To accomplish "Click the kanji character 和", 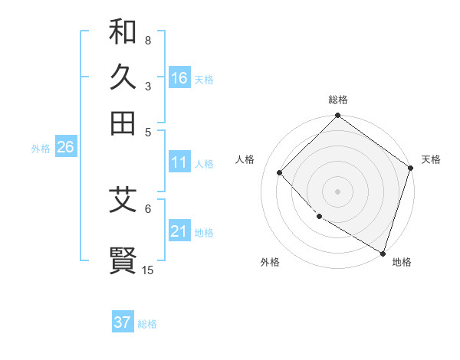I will [x=123, y=32].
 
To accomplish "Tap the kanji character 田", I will [x=123, y=123].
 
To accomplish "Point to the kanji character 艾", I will [x=123, y=201].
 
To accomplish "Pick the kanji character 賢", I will [x=123, y=260].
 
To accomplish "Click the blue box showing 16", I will [x=179, y=78].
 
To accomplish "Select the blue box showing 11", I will [x=179, y=162].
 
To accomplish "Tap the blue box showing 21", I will [x=179, y=232].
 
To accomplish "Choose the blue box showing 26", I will [x=65, y=148].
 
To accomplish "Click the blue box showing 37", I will [x=123, y=322].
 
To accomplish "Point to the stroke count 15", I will [x=148, y=270].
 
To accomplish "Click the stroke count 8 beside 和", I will [x=147, y=40].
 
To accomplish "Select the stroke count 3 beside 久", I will [x=147, y=87].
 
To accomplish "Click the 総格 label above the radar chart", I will [x=337, y=100].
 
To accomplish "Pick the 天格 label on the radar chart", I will [x=431, y=159].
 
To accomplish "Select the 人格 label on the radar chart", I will [x=245, y=159].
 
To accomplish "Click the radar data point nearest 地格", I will [x=382, y=252].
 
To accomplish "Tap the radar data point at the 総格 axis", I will [x=337, y=116].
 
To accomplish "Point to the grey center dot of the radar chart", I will [x=337, y=191].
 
